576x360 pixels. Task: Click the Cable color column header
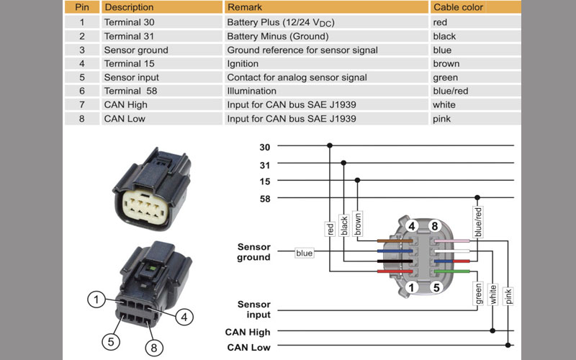tap(458, 7)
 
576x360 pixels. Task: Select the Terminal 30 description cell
tap(129, 22)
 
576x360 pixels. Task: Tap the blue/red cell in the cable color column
tap(451, 91)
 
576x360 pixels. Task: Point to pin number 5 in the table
tap(82, 77)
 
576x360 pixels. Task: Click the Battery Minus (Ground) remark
tap(277, 36)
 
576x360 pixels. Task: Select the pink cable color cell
tap(443, 118)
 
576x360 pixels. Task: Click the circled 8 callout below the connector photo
tap(153, 348)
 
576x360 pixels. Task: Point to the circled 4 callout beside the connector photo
tap(184, 315)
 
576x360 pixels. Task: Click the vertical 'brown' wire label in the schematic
tap(358, 224)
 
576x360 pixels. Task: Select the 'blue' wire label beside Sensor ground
tap(305, 253)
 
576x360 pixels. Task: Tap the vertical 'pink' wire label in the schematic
tap(509, 295)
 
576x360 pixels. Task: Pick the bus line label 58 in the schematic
tap(264, 198)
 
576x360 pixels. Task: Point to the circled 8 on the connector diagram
tap(434, 227)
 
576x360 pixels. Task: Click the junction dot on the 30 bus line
tap(330, 145)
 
